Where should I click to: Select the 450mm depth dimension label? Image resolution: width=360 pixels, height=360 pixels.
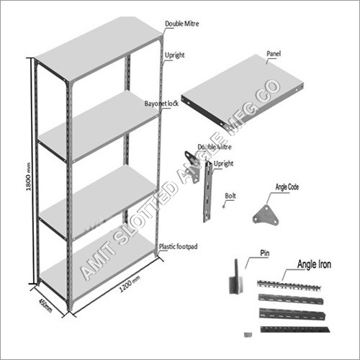click(x=45, y=305)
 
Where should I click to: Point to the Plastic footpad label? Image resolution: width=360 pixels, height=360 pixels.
click(x=179, y=246)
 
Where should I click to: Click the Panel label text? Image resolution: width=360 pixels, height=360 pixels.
click(x=273, y=54)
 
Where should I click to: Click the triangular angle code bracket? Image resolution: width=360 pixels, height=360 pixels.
click(x=265, y=215)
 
